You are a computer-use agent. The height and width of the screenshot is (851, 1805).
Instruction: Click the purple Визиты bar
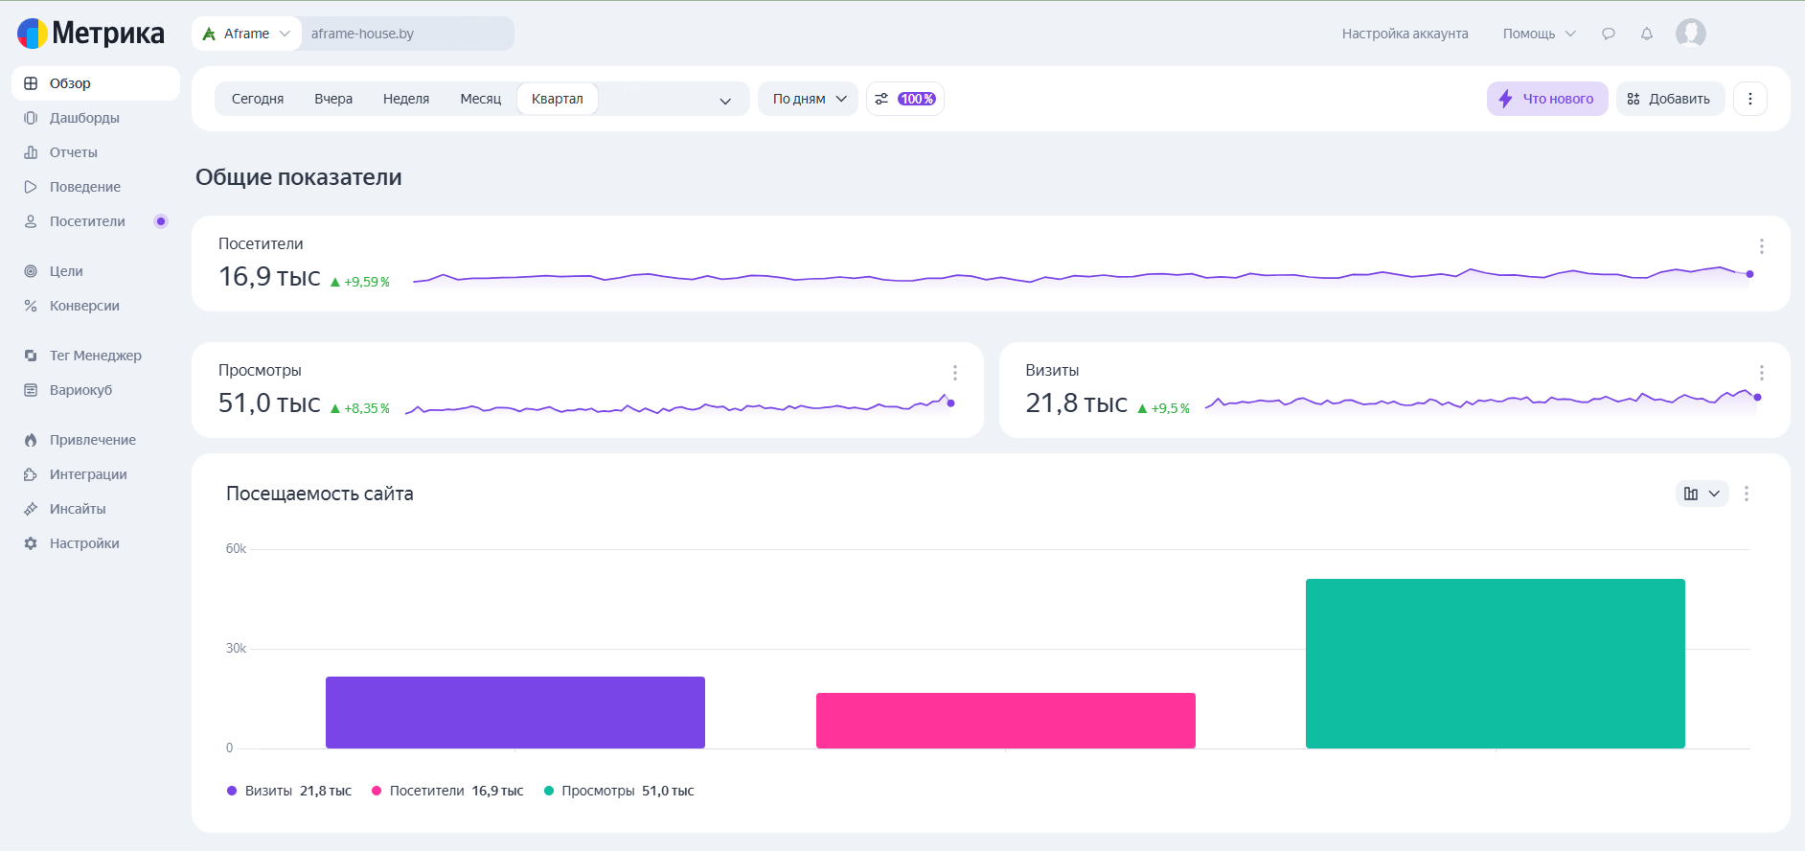coord(515,712)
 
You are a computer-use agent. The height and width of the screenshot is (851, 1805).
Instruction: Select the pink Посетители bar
coord(1006,721)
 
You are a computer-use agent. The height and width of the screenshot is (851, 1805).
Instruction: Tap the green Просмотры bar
coord(1496,663)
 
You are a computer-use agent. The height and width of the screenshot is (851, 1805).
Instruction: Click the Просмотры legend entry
coord(619,791)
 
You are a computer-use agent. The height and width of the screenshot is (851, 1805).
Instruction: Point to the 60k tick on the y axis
coord(236,549)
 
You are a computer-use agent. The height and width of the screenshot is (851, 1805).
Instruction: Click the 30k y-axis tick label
coord(236,649)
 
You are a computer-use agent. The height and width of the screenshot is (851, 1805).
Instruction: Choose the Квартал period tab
coord(558,99)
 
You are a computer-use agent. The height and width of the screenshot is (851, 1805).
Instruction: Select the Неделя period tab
coord(406,99)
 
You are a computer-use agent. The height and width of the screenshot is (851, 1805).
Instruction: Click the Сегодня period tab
coord(258,99)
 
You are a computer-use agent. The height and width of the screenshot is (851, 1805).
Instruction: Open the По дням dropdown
coord(809,99)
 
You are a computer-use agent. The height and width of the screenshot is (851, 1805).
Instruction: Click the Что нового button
coord(1547,99)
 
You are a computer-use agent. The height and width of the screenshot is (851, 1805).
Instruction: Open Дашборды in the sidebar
coord(84,118)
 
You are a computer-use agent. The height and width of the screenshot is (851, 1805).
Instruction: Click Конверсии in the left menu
coord(84,306)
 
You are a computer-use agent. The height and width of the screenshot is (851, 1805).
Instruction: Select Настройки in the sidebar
coord(84,543)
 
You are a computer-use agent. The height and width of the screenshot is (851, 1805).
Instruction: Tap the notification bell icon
coord(1647,34)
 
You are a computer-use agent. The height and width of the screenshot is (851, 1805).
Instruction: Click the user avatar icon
coord(1691,34)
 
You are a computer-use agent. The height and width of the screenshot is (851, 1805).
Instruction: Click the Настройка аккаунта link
coord(1405,34)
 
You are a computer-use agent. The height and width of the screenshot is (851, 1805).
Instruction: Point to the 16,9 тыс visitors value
coord(269,277)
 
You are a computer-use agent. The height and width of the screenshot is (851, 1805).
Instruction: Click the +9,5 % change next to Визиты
coord(1163,408)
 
